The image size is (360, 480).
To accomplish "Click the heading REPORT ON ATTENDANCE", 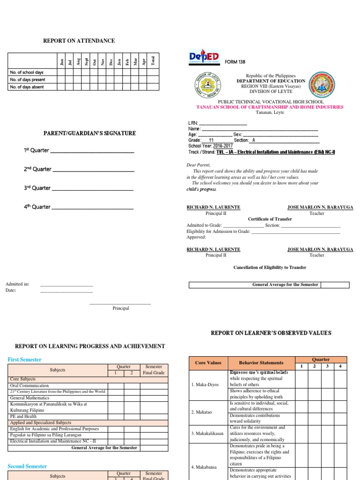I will pos(79,41).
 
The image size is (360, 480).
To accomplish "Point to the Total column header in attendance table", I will pos(153,61).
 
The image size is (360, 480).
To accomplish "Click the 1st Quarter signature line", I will pos(92,151).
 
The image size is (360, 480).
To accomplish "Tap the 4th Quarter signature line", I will pos(92,207).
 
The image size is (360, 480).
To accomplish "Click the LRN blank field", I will pos(223,123).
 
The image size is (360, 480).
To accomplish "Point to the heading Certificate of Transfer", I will pos(270,219).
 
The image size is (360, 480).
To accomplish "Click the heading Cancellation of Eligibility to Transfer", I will pos(270,267).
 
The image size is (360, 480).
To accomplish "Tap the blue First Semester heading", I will pos(24,360).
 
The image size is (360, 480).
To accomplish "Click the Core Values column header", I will pos(208,362).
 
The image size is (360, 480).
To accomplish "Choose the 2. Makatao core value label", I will pos(202,412).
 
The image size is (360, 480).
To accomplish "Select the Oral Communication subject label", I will pos(29,385).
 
